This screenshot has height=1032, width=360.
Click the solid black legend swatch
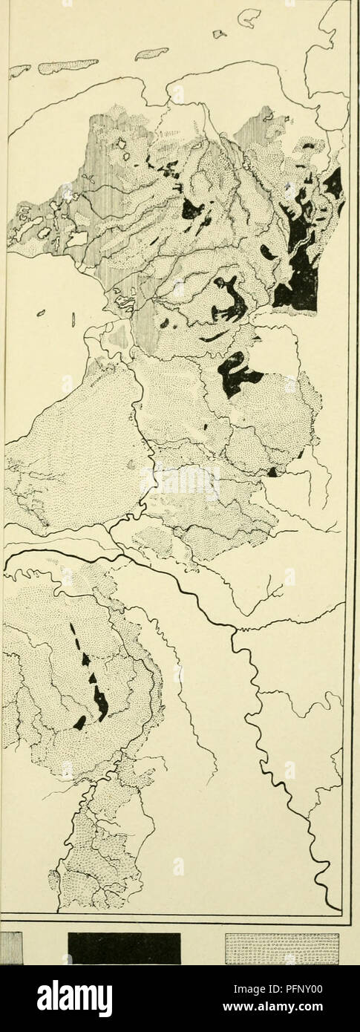(124, 948)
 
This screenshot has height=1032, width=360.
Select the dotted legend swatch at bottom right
(282, 948)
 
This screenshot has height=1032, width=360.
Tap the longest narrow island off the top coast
(68, 66)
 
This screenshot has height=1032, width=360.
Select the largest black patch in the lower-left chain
(99, 702)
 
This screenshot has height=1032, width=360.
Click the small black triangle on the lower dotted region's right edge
(272, 472)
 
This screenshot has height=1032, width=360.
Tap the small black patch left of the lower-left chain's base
(79, 722)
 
